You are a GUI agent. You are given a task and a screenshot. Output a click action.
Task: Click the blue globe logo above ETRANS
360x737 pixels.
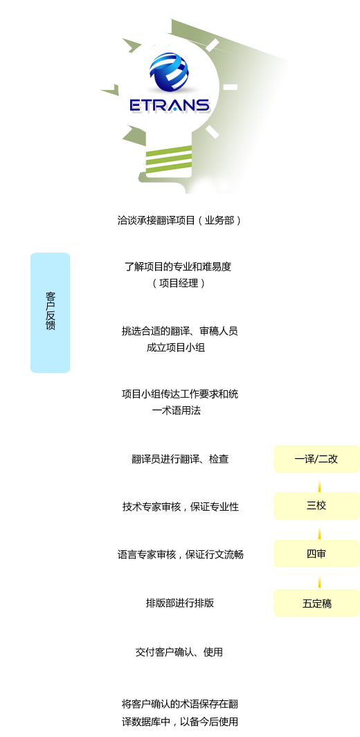(169, 73)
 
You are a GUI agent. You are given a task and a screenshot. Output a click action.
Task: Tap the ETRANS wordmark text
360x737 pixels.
(170, 104)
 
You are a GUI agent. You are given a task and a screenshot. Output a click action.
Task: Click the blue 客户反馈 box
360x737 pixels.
(51, 313)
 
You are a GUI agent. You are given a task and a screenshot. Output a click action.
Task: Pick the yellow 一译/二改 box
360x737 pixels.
(316, 459)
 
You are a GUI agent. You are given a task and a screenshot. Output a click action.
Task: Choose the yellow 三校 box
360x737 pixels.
(316, 506)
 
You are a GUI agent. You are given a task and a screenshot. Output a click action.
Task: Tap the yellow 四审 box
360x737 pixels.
(316, 554)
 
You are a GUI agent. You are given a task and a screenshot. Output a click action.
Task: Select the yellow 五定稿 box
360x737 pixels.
(316, 603)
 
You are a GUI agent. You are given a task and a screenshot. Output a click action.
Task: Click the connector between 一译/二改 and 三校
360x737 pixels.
(319, 486)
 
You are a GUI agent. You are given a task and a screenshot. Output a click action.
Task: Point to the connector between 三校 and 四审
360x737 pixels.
(319, 533)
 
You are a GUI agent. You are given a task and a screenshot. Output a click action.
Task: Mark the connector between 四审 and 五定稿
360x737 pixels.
(319, 581)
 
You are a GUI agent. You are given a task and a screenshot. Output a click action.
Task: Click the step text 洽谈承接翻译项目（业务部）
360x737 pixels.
(179, 220)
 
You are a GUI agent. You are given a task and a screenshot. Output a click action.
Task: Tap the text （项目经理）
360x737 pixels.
(179, 284)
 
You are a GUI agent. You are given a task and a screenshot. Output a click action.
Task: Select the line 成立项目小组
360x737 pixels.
(176, 348)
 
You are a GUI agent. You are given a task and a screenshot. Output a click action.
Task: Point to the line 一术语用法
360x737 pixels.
(177, 410)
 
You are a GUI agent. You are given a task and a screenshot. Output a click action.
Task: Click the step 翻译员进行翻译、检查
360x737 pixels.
(180, 459)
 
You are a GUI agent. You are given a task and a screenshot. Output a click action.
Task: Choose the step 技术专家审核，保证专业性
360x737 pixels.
(181, 507)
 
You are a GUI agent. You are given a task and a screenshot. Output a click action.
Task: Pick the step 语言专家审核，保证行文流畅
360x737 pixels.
(181, 554)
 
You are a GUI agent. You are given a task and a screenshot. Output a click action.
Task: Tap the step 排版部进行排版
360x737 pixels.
(180, 603)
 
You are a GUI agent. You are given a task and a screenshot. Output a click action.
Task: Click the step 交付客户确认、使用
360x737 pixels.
(179, 652)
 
